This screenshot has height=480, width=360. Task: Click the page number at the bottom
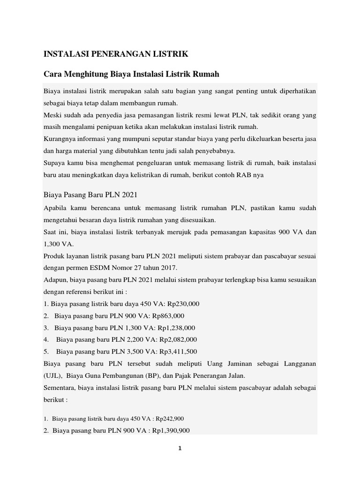click(180, 448)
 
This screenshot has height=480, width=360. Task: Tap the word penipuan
click(133, 127)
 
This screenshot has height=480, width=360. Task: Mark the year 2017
click(169, 268)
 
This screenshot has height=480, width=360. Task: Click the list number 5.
click(46, 352)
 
